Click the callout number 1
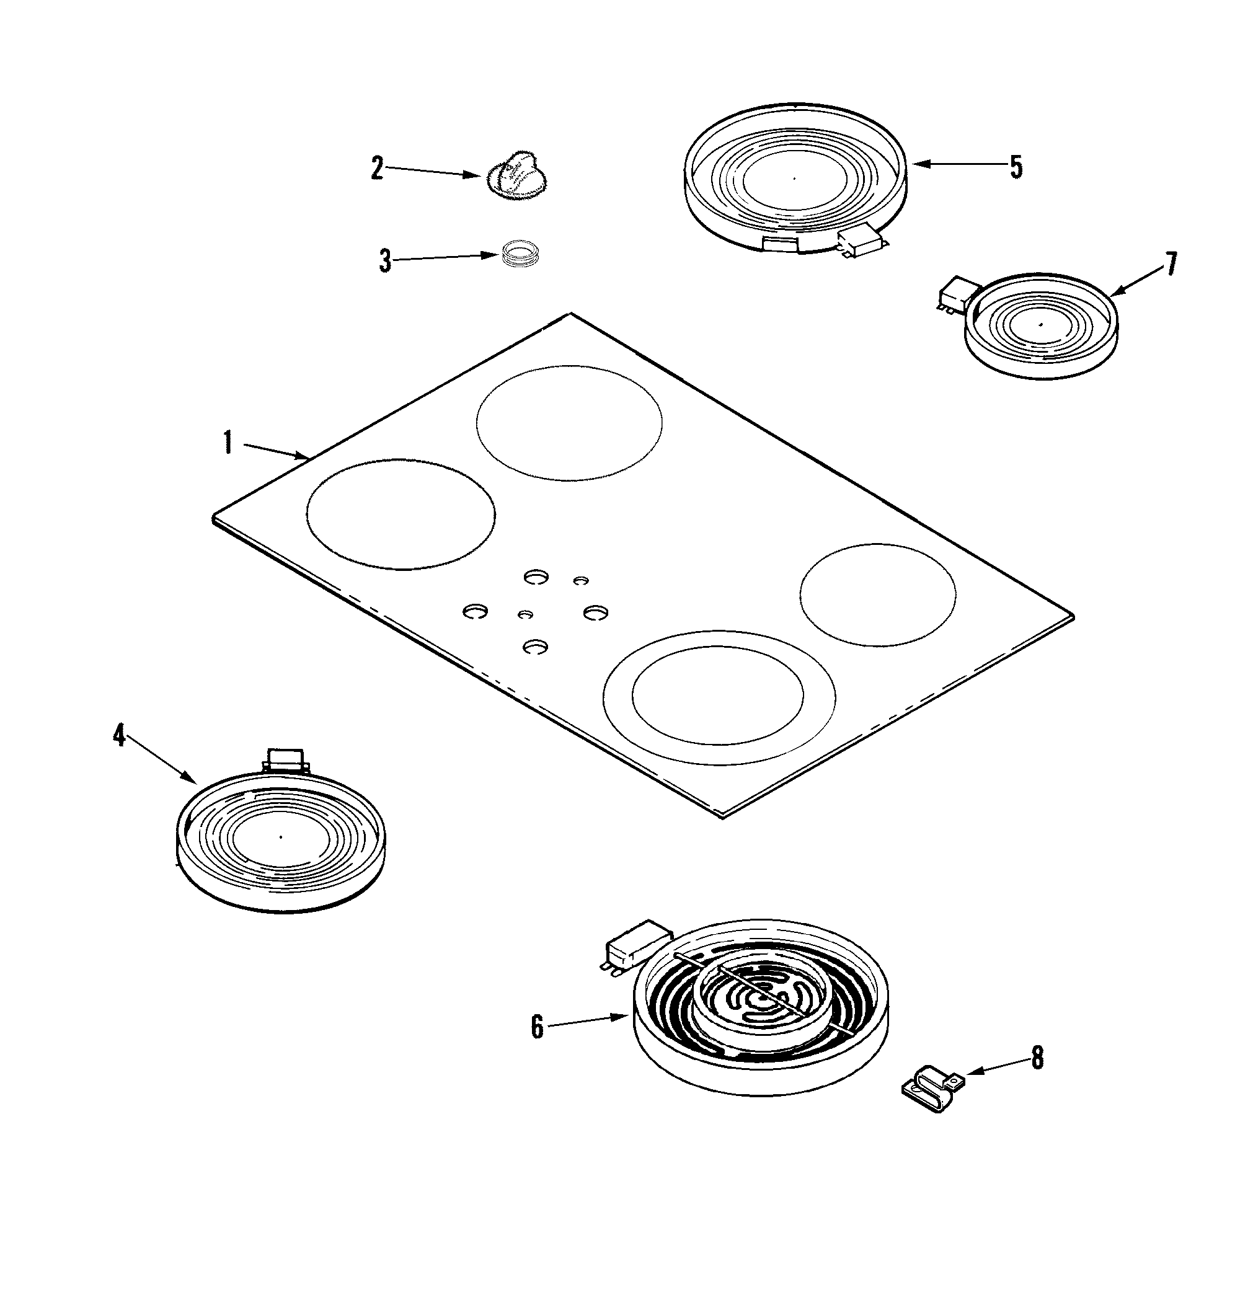(x=228, y=443)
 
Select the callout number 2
(x=378, y=169)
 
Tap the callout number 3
(x=385, y=260)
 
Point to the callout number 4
(x=119, y=735)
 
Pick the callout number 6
(x=538, y=1027)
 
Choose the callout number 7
(x=1171, y=264)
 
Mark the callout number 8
(x=1038, y=1058)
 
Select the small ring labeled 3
(x=519, y=254)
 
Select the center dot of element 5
(x=794, y=178)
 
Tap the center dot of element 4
(x=280, y=837)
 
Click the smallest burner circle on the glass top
(x=878, y=594)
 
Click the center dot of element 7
(x=1040, y=324)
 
